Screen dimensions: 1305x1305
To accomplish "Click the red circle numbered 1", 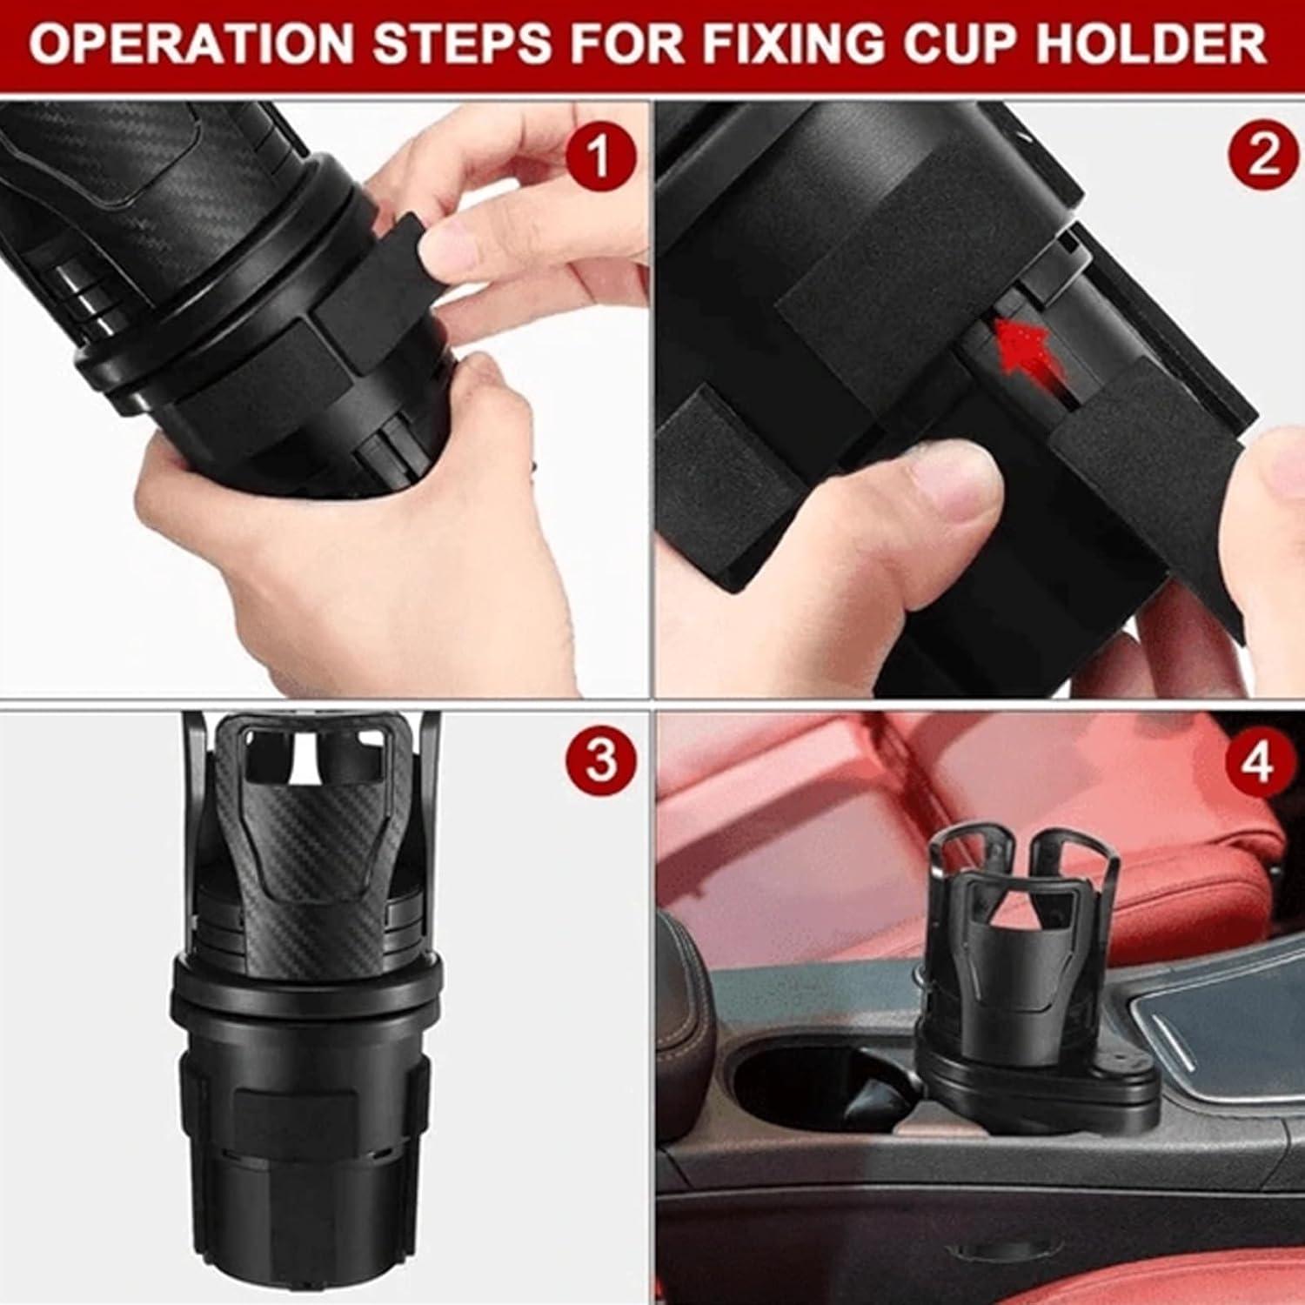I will click(x=599, y=157).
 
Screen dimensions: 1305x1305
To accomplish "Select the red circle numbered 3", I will click(x=599, y=759).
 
